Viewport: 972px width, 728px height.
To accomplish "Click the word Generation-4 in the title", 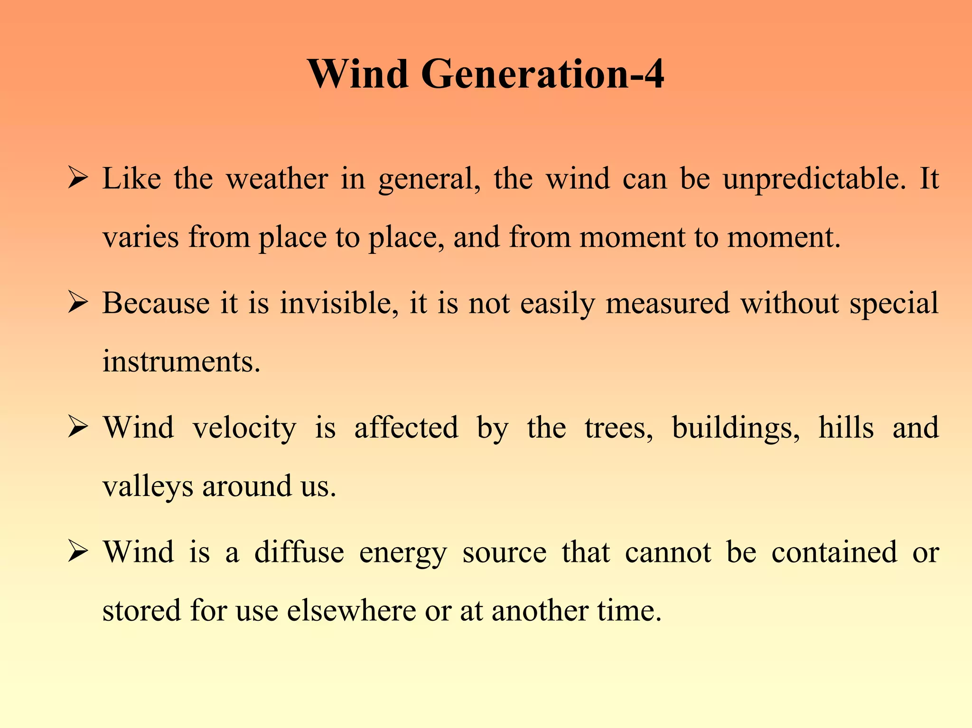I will click(542, 74).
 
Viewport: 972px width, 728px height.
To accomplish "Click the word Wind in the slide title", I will click(358, 74).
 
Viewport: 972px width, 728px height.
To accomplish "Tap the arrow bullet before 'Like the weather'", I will click(77, 178).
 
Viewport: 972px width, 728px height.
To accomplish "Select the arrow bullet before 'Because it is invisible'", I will click(77, 303).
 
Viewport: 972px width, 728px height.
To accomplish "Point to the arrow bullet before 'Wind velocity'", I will click(77, 427).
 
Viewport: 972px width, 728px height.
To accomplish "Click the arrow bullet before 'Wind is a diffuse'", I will click(77, 551).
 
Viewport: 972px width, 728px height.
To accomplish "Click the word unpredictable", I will click(814, 179).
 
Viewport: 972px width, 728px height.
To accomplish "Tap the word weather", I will click(277, 179).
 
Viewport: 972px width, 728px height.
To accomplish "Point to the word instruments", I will click(181, 362).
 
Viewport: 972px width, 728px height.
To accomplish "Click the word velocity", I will click(244, 428).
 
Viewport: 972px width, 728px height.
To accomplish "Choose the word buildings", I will click(736, 428).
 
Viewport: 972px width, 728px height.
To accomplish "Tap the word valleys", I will click(148, 487).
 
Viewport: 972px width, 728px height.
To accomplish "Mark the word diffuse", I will click(299, 552).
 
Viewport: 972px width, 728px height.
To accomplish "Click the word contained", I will click(834, 552).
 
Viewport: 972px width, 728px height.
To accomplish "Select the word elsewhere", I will click(351, 610).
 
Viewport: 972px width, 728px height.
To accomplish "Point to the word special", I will click(894, 304).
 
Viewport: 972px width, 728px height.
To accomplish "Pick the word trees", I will click(618, 428).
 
